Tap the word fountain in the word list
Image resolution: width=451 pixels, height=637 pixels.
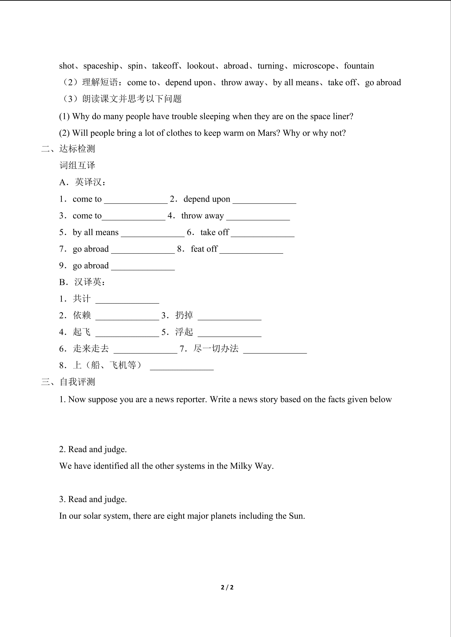click(x=359, y=66)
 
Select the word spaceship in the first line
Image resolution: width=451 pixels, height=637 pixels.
click(x=101, y=66)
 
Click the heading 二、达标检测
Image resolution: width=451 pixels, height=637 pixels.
click(x=68, y=149)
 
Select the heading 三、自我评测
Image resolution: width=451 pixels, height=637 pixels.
click(x=68, y=382)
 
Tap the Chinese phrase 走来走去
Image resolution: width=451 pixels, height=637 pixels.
click(x=91, y=349)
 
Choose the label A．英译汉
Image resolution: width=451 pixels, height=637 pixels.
click(x=82, y=182)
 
